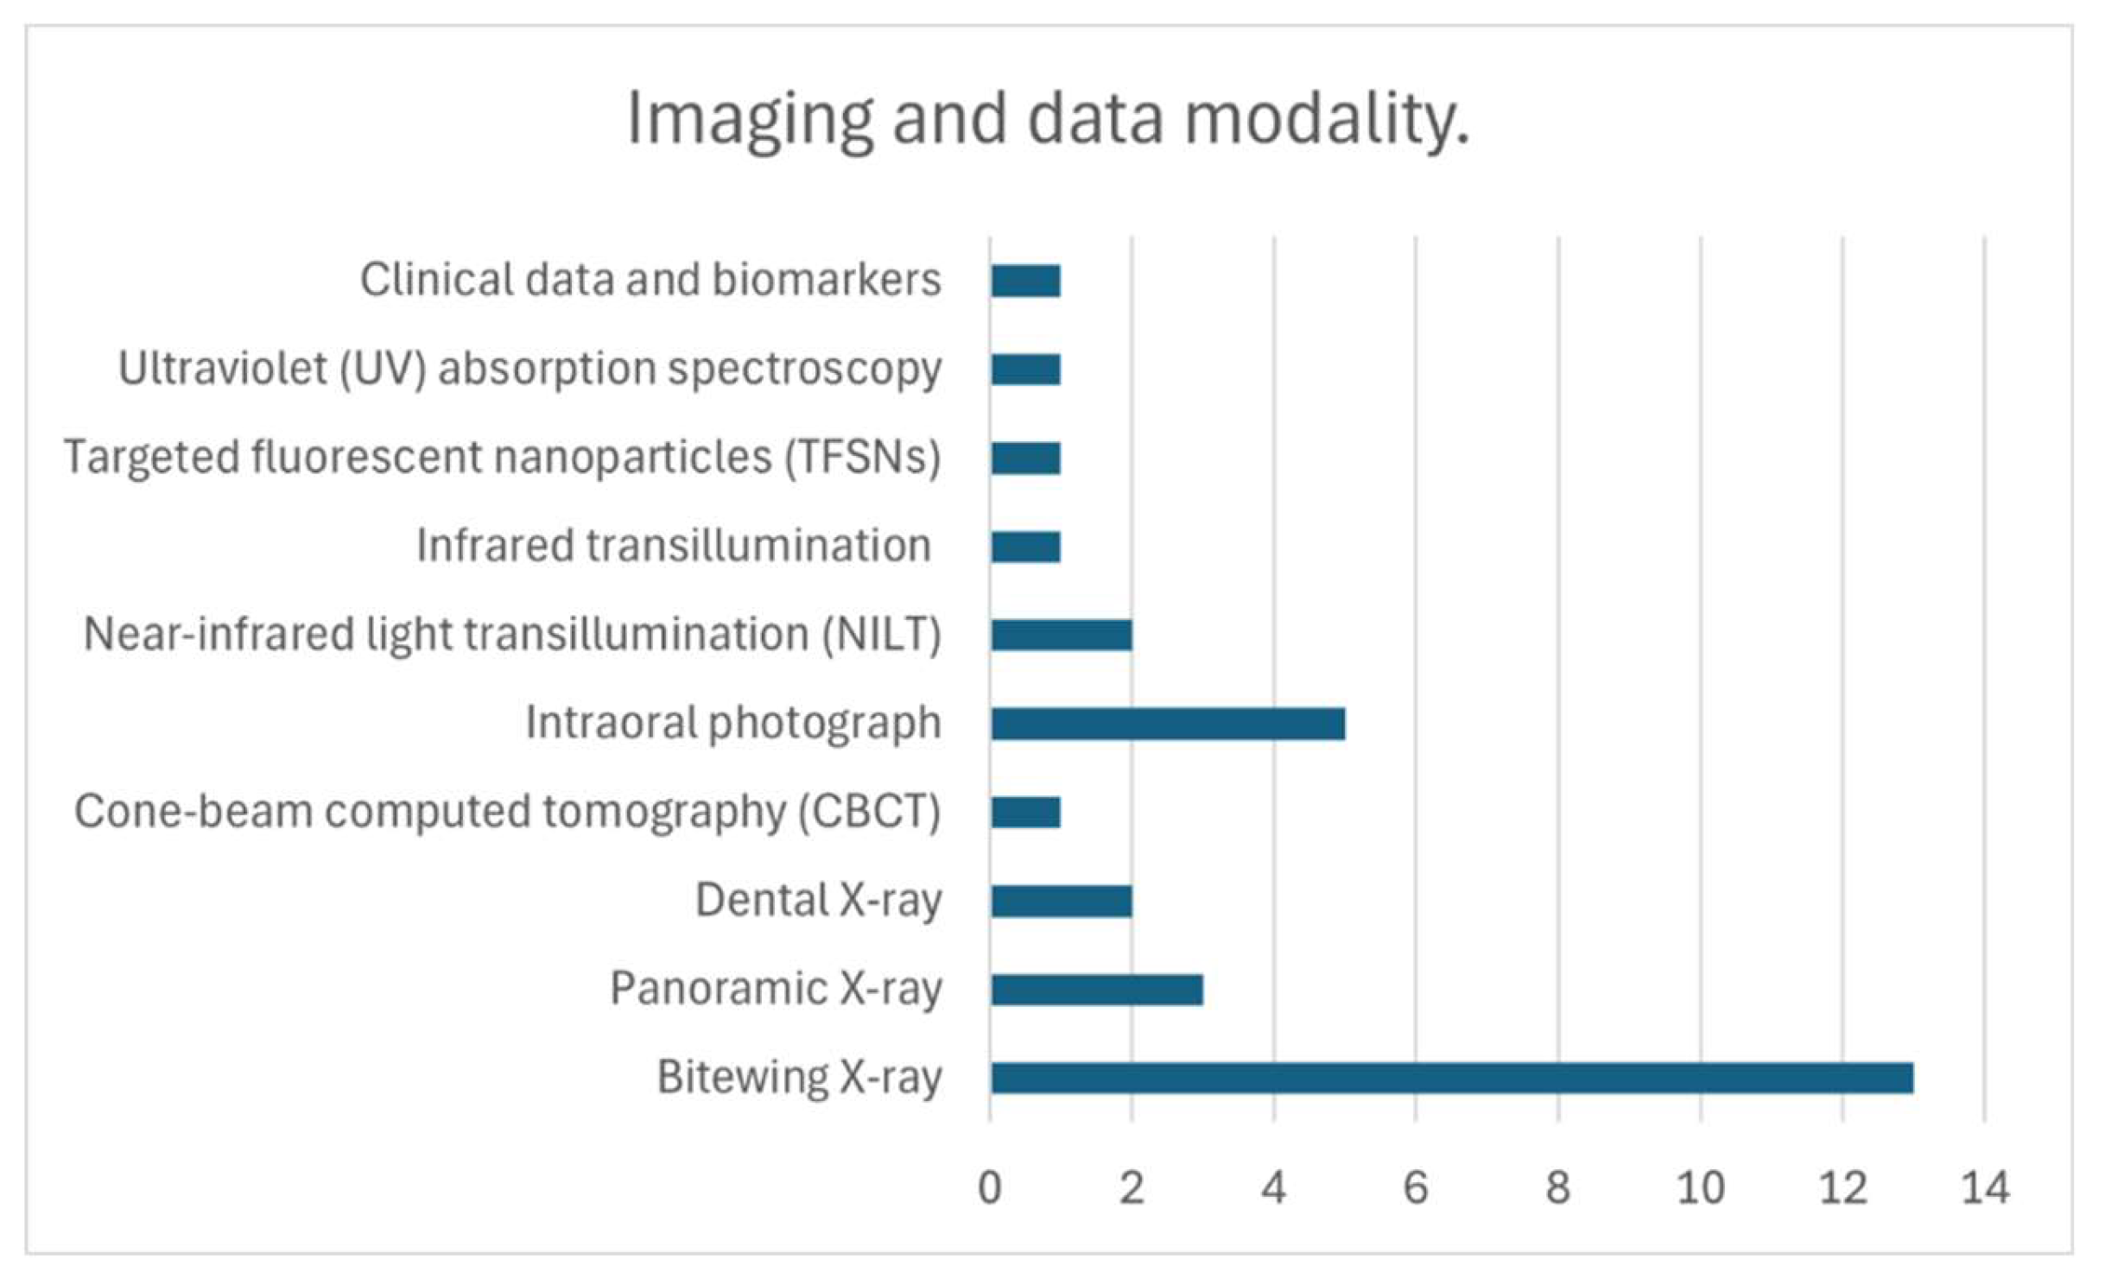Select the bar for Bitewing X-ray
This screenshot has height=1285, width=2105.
click(x=1451, y=1078)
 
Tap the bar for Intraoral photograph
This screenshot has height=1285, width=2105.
click(x=1167, y=724)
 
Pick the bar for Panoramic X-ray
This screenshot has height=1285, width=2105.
click(x=1096, y=990)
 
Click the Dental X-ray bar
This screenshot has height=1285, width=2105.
click(x=1061, y=901)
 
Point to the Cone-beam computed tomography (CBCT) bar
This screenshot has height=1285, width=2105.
click(x=1025, y=812)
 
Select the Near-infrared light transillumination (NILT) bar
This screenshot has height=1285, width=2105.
click(x=1061, y=635)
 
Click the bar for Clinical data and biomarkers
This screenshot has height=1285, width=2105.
click(x=1025, y=281)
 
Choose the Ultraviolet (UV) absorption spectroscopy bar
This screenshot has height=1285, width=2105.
click(x=1025, y=370)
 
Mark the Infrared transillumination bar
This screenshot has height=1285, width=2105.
click(x=1025, y=547)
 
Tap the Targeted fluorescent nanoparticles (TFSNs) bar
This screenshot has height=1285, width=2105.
click(x=1025, y=458)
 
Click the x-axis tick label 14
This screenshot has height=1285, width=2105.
click(x=1985, y=1188)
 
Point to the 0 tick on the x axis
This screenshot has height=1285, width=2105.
click(x=990, y=1188)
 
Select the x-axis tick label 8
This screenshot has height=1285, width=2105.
click(x=1558, y=1188)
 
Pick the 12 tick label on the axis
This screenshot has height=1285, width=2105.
click(x=1842, y=1188)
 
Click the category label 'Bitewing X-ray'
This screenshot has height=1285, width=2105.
click(x=799, y=1078)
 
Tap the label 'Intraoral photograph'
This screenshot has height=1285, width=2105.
click(x=733, y=723)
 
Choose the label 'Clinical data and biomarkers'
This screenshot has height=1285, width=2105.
click(x=650, y=280)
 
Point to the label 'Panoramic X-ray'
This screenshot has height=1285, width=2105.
click(x=776, y=989)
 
